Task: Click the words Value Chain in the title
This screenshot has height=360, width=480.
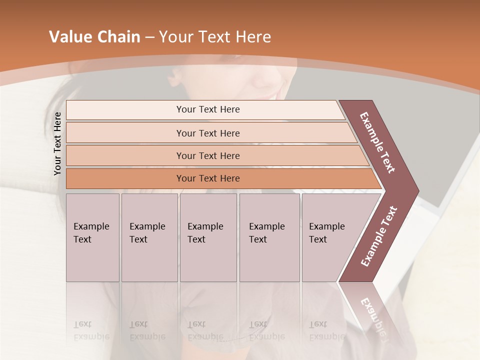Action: pyautogui.click(x=94, y=37)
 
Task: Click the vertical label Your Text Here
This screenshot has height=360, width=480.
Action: pyautogui.click(x=58, y=143)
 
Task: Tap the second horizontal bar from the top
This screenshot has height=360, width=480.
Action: pyautogui.click(x=207, y=133)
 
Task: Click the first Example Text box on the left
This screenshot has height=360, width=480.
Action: pyautogui.click(x=92, y=237)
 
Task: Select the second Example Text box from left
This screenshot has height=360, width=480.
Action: pyautogui.click(x=149, y=237)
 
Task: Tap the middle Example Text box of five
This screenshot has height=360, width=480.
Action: pyautogui.click(x=208, y=237)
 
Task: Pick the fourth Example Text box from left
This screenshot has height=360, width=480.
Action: pyautogui.click(x=269, y=237)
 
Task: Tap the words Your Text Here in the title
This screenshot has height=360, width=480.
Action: pyautogui.click(x=214, y=37)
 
